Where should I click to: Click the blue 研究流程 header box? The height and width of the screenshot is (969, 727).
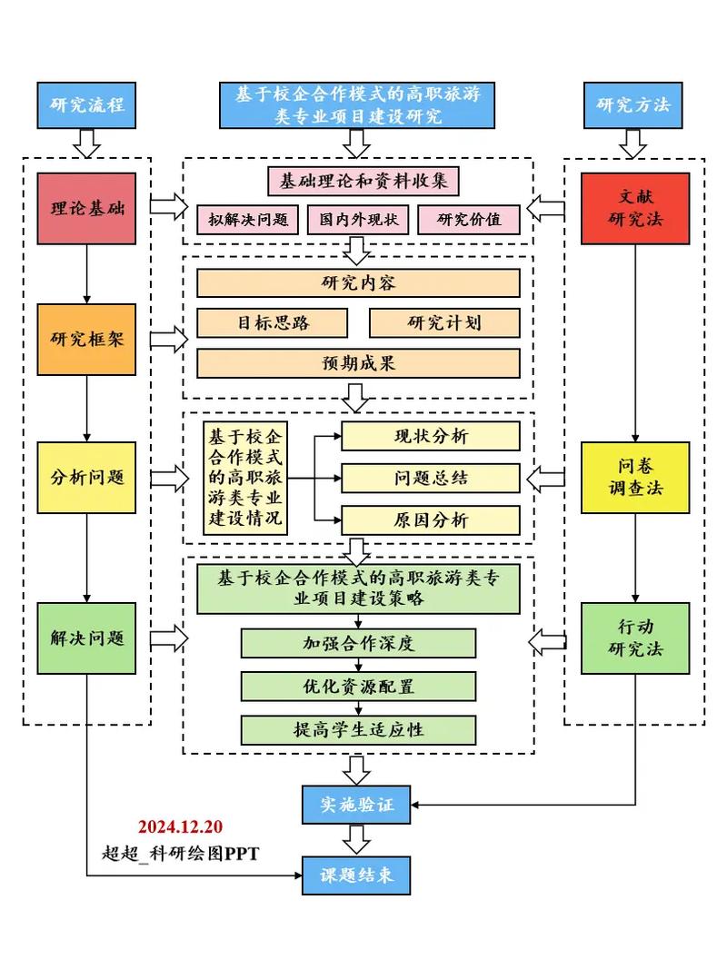[87, 104]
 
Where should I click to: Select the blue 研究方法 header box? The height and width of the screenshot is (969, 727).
[633, 104]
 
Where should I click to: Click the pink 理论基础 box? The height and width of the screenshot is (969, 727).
[87, 208]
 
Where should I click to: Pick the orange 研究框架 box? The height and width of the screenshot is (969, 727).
[87, 340]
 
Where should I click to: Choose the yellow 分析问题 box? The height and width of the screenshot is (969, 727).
[87, 477]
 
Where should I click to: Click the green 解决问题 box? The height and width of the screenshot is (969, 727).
[87, 638]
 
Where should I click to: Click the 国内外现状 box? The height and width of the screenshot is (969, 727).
[358, 219]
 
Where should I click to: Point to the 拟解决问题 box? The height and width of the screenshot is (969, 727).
[247, 219]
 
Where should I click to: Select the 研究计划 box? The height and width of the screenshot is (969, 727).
[444, 322]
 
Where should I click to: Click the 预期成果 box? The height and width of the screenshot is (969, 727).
[358, 363]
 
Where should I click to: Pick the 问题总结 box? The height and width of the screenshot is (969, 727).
[431, 478]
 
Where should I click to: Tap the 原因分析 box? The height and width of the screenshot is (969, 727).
[431, 519]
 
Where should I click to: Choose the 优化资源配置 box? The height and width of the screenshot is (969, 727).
[358, 686]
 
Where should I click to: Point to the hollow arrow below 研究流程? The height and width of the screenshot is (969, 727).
[87, 142]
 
